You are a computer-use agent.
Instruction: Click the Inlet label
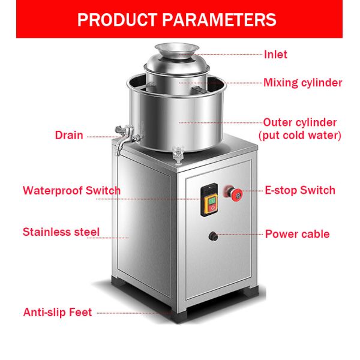click(x=275, y=55)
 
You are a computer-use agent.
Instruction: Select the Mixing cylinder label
click(x=302, y=83)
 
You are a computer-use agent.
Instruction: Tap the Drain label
click(x=69, y=135)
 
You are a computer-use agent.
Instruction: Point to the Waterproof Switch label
click(x=71, y=191)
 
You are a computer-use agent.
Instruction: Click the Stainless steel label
click(x=61, y=232)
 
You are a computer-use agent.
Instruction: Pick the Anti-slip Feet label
click(x=58, y=312)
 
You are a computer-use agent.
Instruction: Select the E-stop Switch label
click(x=300, y=191)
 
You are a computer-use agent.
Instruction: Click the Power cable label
click(x=297, y=234)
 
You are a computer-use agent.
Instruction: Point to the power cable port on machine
click(x=212, y=236)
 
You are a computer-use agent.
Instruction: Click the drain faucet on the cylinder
click(x=123, y=135)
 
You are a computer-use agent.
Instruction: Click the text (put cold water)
click(x=299, y=136)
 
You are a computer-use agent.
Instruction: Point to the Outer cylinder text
click(x=299, y=122)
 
